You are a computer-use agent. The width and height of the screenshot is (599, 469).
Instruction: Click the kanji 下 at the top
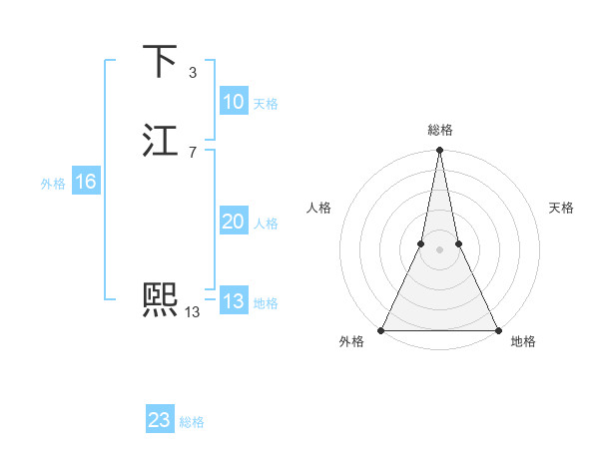point(160,61)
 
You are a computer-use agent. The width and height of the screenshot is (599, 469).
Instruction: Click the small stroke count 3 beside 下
point(192,72)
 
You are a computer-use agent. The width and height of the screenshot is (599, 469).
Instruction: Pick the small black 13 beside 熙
point(192,311)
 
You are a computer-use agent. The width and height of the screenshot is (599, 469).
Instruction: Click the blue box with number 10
point(234,102)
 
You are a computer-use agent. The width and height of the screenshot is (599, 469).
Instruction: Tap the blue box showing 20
point(234,222)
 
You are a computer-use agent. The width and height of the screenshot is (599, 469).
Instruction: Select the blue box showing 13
point(234,301)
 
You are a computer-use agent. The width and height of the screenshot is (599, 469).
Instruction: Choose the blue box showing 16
point(86,182)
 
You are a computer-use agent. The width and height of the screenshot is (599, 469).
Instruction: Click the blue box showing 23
point(160,420)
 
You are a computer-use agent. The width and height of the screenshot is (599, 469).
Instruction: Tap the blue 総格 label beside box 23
point(192,422)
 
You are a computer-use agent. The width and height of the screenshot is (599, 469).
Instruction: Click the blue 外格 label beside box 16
point(53,183)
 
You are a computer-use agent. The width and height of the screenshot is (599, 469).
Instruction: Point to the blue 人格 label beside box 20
point(267,223)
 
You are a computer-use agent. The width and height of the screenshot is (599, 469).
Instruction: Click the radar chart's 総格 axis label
point(439,130)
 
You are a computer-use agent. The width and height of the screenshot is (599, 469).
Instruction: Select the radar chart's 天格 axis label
point(561,208)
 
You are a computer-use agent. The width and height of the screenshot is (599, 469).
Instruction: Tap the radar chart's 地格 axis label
point(523,341)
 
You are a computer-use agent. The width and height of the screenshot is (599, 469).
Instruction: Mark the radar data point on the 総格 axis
point(439,151)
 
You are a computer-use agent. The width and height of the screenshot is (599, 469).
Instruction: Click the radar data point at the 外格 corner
point(381,329)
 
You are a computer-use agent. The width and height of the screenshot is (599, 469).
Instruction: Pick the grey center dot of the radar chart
point(439,248)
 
